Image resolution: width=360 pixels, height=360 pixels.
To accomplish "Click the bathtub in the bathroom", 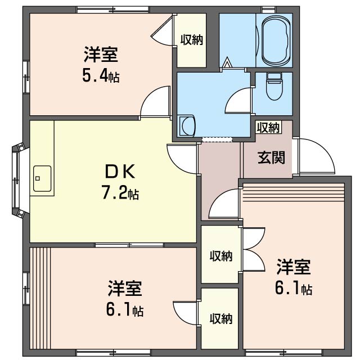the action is (x=276, y=40).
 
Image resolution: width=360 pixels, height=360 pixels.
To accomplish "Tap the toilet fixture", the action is (x=274, y=86).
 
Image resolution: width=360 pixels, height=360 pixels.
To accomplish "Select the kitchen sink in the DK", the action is (x=42, y=178).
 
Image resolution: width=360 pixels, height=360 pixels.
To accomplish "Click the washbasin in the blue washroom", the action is (x=187, y=125).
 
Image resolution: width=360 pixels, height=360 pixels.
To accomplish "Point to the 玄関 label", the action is (x=271, y=157).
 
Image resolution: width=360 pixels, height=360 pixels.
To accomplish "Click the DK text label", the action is (x=120, y=172).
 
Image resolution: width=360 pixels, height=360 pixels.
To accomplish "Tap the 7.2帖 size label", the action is (x=120, y=193).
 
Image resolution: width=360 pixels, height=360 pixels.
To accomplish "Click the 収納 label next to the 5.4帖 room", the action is (x=191, y=40).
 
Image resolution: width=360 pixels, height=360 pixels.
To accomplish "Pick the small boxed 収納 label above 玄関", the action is (x=268, y=128).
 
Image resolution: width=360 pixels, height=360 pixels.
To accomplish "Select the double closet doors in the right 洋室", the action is (x=254, y=249).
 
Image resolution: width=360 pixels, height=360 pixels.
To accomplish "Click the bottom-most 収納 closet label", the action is (x=221, y=318).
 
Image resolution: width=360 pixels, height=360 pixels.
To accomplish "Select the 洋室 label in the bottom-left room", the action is (x=125, y=288).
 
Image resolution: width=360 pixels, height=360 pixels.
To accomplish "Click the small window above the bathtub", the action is (x=269, y=10).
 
